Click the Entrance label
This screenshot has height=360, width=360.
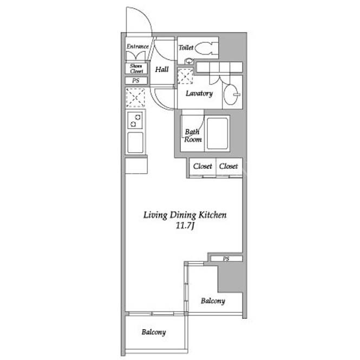tap(138, 47)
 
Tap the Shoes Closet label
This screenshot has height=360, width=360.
tap(136, 68)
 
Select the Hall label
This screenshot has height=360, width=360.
tap(162, 69)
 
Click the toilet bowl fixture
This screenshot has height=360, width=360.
tap(206, 48)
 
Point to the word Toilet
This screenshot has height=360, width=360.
tap(186, 48)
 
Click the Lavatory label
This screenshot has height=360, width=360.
tap(199, 94)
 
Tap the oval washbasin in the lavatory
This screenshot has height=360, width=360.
tap(232, 95)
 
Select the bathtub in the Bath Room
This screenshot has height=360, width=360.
tap(217, 134)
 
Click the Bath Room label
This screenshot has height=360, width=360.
tap(193, 136)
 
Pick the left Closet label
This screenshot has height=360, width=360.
tap(202, 166)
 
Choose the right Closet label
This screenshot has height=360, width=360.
tap(228, 166)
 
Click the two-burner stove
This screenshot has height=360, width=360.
tap(135, 121)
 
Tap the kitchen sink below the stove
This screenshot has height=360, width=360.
tap(135, 142)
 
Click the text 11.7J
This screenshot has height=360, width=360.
tap(185, 226)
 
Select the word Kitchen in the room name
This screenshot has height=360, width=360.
tap(212, 215)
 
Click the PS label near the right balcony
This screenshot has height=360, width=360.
tap(226, 259)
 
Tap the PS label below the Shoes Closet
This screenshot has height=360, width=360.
tap(136, 81)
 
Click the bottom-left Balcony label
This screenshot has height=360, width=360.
tap(154, 332)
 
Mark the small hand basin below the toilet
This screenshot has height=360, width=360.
tap(189, 61)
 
